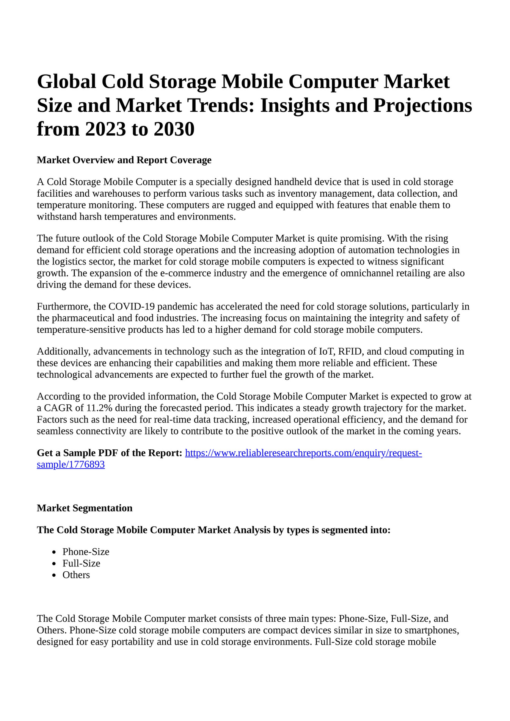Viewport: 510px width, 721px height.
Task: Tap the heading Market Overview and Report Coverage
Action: point(124,160)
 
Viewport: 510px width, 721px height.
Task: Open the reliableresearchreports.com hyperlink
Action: point(303,453)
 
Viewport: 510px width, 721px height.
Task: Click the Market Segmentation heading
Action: point(85,508)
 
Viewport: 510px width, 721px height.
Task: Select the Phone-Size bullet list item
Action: point(86,552)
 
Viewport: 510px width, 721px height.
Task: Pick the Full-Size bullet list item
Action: point(81,563)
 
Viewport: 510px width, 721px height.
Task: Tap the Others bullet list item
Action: point(76,575)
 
